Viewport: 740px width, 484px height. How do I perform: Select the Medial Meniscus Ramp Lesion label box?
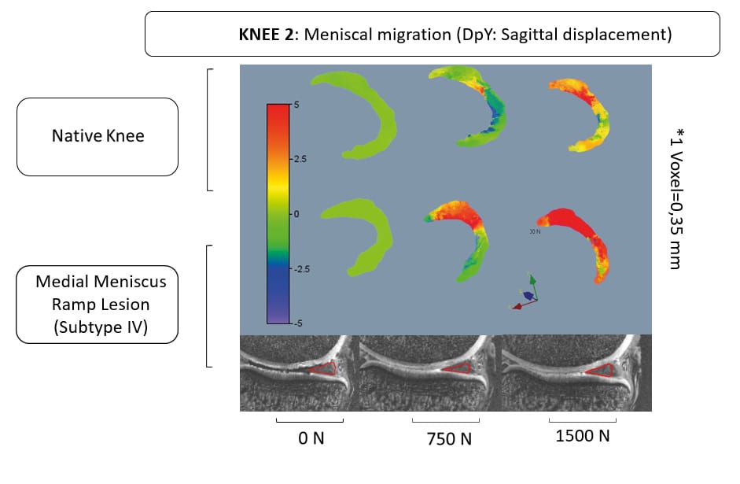[97, 304]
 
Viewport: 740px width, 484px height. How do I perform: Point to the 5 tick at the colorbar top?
[295, 105]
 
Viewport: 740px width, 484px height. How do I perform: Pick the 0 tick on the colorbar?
[296, 213]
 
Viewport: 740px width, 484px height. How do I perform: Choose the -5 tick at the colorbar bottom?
[297, 323]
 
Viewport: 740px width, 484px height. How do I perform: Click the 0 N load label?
[311, 438]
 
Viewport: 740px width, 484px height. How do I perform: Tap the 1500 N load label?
[583, 436]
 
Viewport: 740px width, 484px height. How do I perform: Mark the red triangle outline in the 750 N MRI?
[458, 368]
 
